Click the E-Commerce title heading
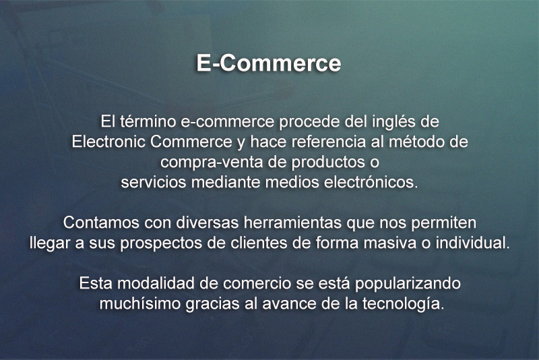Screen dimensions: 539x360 (269, 63)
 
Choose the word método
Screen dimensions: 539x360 (417, 142)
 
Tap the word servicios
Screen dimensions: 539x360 (154, 182)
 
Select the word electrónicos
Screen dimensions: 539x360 (371, 182)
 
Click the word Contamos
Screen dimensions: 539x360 (101, 222)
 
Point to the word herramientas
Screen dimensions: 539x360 (292, 222)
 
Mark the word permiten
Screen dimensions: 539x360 (443, 223)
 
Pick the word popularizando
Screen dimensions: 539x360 (408, 284)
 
